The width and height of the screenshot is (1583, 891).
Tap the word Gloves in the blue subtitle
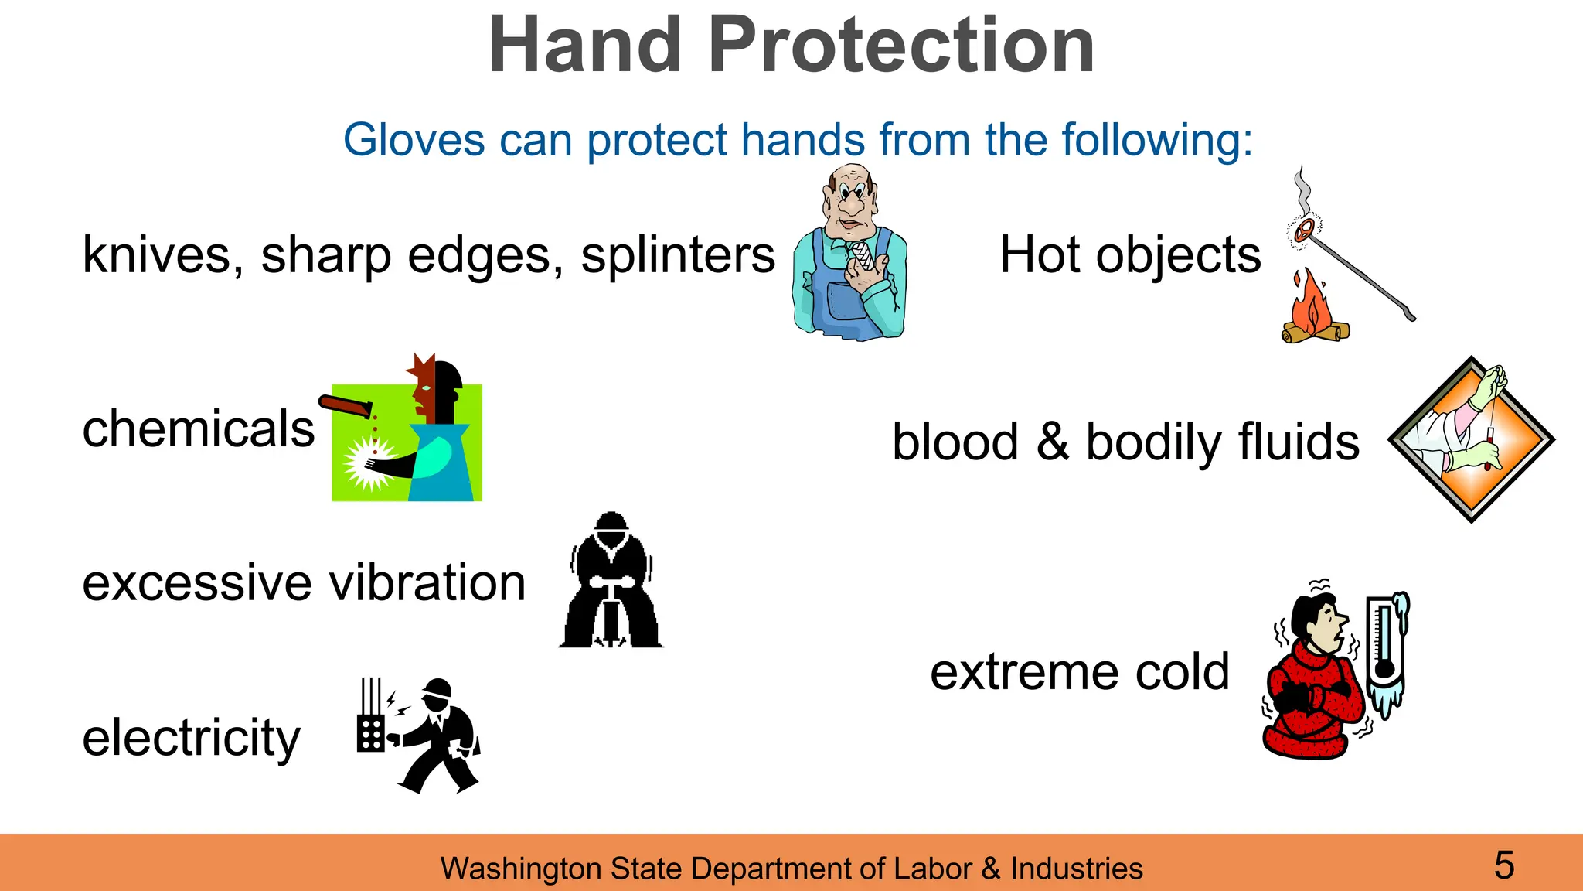pyautogui.click(x=414, y=140)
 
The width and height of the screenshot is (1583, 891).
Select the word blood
pyautogui.click(x=955, y=442)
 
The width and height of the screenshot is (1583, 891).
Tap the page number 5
pyautogui.click(x=1503, y=865)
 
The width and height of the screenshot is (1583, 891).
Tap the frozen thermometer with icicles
pyautogui.click(x=1387, y=650)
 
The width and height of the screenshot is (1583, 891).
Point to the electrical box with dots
pyautogui.click(x=370, y=732)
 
